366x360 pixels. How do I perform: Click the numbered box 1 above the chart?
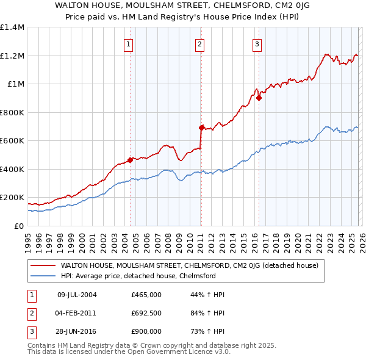pos(129,43)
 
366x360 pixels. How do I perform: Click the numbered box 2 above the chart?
pos(200,43)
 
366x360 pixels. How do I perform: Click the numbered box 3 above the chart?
pos(257,43)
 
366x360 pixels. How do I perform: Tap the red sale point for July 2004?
pos(130,160)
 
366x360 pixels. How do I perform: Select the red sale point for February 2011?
pos(201,128)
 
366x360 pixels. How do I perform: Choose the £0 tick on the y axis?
pos(18,226)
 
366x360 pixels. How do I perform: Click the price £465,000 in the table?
pos(146,295)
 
